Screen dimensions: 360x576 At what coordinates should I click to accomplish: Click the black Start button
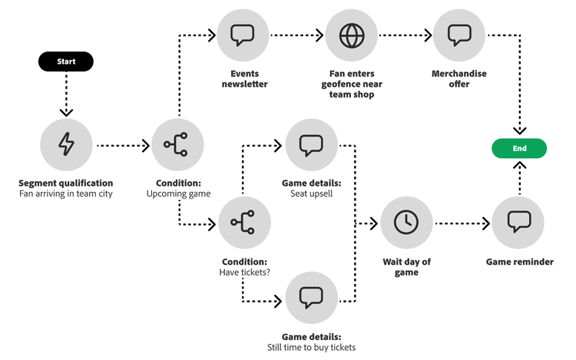[67, 61]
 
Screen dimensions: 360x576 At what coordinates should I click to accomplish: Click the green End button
[520, 148]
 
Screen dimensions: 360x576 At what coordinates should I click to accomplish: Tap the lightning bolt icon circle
[67, 144]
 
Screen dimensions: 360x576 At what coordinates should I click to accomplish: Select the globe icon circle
[352, 35]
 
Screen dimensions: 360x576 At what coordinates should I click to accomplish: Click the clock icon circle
[407, 223]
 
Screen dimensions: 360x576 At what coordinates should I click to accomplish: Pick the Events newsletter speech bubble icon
[243, 35]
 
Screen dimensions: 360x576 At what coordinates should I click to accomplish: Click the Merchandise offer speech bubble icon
[459, 35]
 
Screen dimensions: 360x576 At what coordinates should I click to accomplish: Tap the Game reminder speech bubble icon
[518, 223]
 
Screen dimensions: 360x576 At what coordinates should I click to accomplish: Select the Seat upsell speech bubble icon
[311, 144]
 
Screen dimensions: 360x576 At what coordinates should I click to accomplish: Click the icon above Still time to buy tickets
[311, 297]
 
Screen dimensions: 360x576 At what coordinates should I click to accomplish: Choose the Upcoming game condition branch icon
[178, 144]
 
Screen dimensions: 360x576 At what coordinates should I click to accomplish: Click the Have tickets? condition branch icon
[244, 223]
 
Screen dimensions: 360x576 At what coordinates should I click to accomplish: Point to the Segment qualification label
[66, 183]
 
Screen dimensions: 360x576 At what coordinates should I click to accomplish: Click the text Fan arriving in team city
[66, 194]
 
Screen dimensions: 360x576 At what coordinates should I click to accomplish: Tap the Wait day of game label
[407, 267]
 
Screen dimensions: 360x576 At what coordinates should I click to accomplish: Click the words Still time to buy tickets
[311, 347]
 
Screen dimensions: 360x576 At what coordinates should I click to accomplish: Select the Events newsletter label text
[243, 79]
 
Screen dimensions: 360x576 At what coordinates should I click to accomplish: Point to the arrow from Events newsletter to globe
[297, 35]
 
